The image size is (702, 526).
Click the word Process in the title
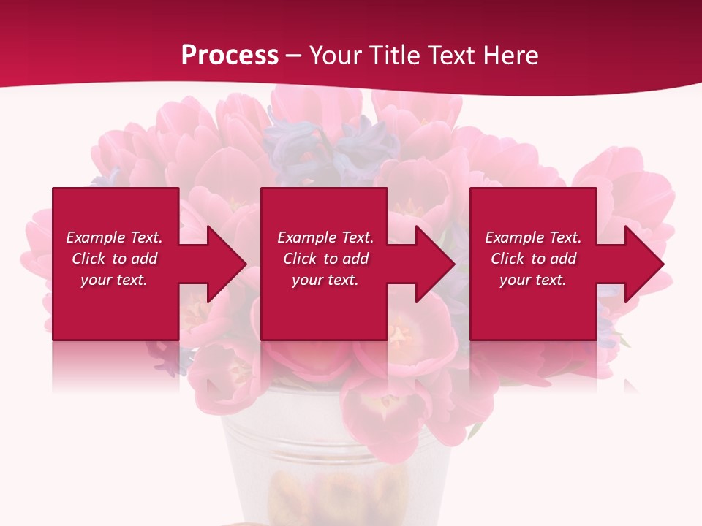coord(230,56)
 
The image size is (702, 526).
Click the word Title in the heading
coord(393,56)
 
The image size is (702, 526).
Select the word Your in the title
coord(336,56)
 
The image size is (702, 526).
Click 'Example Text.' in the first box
coord(114,237)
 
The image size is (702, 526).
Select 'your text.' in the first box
coord(114,280)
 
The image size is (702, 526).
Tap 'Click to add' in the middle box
coord(325,259)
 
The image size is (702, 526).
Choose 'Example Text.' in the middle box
coord(325,237)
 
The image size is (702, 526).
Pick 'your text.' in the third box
coord(533,280)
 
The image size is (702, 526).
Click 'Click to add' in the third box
coord(533,259)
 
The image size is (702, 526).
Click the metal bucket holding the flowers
coord(336,468)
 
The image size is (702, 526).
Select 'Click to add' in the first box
coord(114,259)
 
